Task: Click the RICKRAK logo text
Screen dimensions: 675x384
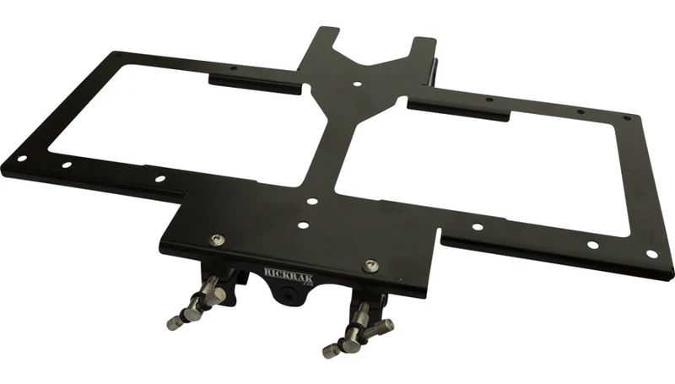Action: [x=289, y=273]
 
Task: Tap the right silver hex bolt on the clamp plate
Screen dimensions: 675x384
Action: [x=370, y=266]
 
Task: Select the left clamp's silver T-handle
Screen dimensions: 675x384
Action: [x=197, y=303]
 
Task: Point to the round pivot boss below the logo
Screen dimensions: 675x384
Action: [x=288, y=293]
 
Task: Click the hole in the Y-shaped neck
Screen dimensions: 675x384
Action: [x=357, y=84]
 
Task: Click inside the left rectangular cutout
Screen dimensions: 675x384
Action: [x=181, y=125]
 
